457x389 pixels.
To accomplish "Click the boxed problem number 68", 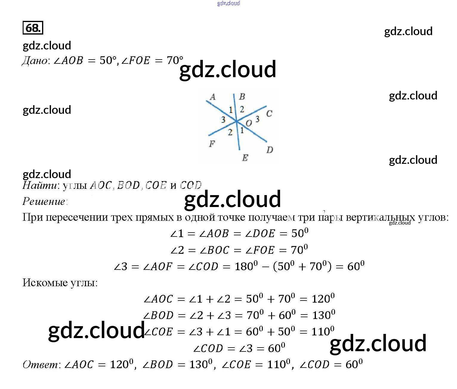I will coord(33,28).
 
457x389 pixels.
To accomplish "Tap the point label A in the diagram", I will coord(212,97).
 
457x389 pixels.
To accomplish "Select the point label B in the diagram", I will coord(242,97).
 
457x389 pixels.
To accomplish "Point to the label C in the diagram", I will coord(269,113).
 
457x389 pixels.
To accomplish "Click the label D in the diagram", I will coord(269,150).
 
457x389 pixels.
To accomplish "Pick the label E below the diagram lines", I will coord(245,158).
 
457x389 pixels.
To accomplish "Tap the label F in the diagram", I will coord(212,144).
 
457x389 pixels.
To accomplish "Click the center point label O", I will coord(249,123).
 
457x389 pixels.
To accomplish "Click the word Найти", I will coord(39,186).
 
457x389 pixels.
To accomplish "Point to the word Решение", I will coord(44,202).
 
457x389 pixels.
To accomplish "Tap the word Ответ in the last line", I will coord(40,364).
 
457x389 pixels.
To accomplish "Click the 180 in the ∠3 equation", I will coord(244,266).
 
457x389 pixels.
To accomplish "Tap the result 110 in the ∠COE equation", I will coord(320,332).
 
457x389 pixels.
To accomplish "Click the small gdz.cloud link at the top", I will coord(229,3).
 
